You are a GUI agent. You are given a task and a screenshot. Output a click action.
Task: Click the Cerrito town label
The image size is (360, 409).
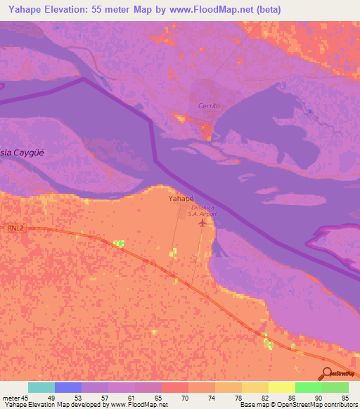209,106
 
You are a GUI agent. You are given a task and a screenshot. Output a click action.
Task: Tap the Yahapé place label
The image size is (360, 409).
181,199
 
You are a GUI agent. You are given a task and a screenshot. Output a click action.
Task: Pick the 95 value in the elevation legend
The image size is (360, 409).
345,398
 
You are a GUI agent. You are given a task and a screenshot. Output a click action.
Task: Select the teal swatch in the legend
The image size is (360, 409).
41,387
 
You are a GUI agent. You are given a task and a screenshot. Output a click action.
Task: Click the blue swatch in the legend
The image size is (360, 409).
67,387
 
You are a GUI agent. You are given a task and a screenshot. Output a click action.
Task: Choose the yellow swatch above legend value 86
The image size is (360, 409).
281,387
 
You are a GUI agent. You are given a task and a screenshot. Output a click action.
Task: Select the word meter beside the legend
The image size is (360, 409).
12,398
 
